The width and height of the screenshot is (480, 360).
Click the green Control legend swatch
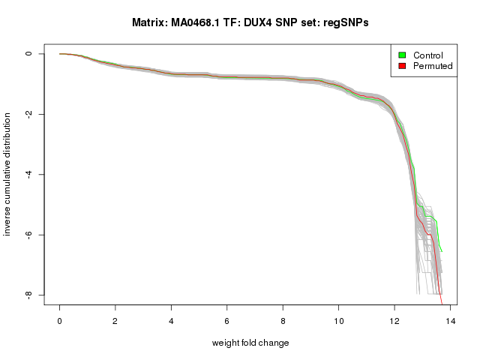click(x=402, y=55)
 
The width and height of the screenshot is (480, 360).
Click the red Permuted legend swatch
click(x=402, y=66)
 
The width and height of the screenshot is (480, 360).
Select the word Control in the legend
click(x=428, y=55)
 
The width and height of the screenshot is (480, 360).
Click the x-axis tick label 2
click(x=115, y=320)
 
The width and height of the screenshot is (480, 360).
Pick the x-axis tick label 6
click(x=227, y=320)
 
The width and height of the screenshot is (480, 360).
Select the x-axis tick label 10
click(x=338, y=320)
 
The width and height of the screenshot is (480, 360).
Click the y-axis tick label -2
click(x=28, y=114)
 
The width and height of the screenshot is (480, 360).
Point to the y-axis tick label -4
click(x=28, y=175)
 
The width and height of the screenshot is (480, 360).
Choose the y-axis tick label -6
click(x=28, y=235)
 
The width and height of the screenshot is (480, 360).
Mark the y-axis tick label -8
click(x=28, y=295)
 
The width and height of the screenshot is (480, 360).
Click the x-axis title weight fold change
click(x=250, y=343)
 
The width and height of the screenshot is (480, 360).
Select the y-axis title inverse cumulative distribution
click(x=7, y=175)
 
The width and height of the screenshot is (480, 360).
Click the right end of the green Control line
click(x=442, y=251)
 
